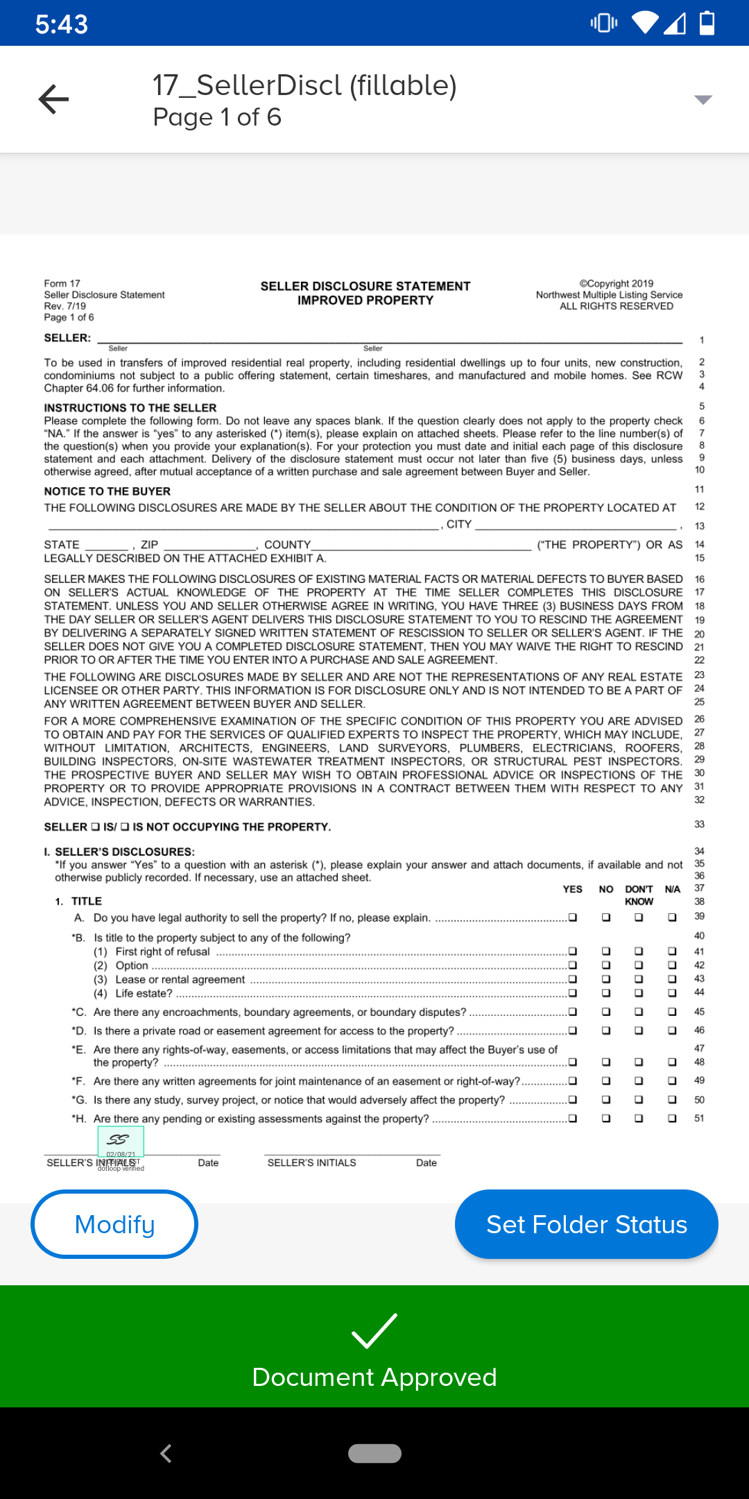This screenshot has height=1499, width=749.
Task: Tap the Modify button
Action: pyautogui.click(x=114, y=1224)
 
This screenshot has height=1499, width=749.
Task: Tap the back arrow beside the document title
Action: pyautogui.click(x=54, y=99)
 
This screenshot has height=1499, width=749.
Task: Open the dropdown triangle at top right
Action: pyautogui.click(x=703, y=100)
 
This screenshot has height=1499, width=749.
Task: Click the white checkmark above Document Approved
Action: pyautogui.click(x=374, y=1331)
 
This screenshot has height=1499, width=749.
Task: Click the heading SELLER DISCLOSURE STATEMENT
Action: pyautogui.click(x=365, y=286)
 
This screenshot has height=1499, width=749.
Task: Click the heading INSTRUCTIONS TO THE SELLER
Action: pyautogui.click(x=130, y=407)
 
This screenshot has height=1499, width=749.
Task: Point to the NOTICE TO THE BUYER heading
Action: pyautogui.click(x=107, y=491)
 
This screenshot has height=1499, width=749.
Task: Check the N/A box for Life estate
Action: pyautogui.click(x=672, y=992)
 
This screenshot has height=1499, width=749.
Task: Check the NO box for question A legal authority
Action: pyautogui.click(x=605, y=917)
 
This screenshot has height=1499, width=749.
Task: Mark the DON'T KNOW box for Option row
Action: pyautogui.click(x=639, y=965)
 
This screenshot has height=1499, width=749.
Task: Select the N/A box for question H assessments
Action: pyautogui.click(x=672, y=1118)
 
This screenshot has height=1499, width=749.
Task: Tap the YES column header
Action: pyautogui.click(x=572, y=889)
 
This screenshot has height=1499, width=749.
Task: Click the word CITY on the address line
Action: pyautogui.click(x=458, y=524)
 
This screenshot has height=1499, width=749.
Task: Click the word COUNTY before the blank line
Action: pyautogui.click(x=287, y=544)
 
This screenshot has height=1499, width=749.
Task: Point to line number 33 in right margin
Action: pyautogui.click(x=699, y=824)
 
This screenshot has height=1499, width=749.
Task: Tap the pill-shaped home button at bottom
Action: pyautogui.click(x=374, y=1453)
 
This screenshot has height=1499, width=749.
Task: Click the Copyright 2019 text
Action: pyautogui.click(x=616, y=283)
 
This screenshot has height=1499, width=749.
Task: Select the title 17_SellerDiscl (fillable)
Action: pyautogui.click(x=304, y=85)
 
